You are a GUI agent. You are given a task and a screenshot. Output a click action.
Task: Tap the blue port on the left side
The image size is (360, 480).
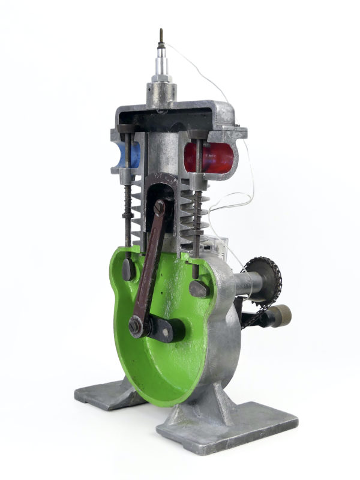click(127, 155)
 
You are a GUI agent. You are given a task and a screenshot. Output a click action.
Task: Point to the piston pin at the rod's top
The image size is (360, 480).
click(159, 208)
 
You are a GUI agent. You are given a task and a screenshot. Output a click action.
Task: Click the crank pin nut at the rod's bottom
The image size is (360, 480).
click(136, 326)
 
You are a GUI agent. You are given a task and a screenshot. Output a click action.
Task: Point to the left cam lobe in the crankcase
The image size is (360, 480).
click(128, 269)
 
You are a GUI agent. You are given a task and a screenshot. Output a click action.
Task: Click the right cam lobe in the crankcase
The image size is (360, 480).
click(199, 289)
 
